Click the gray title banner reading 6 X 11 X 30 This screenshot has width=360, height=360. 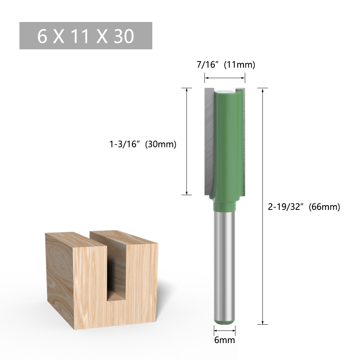86,36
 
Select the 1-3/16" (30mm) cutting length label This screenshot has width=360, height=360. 143,144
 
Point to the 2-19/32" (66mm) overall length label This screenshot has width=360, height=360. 303,207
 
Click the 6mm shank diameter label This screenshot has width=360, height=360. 224,340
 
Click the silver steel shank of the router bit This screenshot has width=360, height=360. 224,263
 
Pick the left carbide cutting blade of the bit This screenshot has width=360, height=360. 209,140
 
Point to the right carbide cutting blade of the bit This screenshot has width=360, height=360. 244,140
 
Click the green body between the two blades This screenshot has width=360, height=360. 227,140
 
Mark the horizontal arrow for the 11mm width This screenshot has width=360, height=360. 225,77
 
